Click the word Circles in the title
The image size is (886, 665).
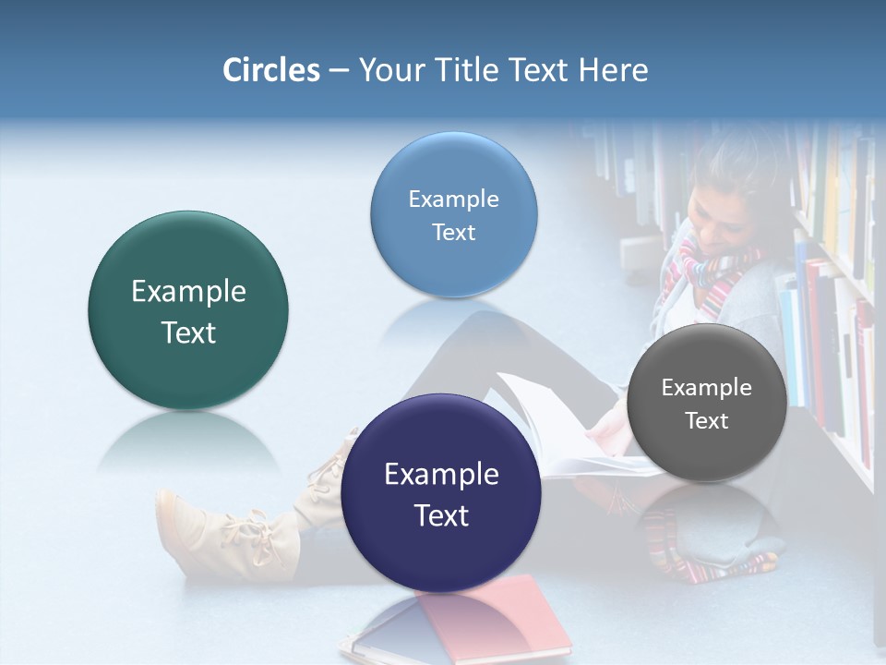click(271, 70)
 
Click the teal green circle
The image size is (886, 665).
click(188, 310)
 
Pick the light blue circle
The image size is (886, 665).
click(453, 214)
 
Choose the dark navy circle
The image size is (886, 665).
click(441, 493)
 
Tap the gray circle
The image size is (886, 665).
click(707, 403)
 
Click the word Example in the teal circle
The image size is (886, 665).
click(188, 292)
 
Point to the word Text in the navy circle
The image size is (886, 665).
click(441, 515)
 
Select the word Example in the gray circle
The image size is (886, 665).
click(707, 388)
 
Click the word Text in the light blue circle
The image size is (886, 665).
click(453, 233)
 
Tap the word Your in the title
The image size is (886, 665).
click(388, 70)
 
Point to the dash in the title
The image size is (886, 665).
click(338, 71)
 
